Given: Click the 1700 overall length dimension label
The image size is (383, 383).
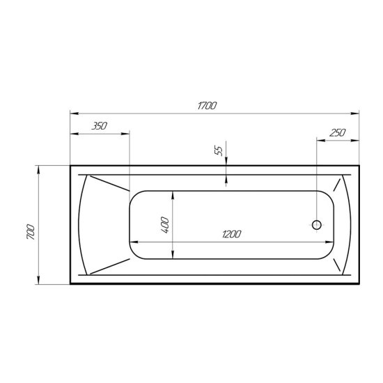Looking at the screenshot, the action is [207, 106].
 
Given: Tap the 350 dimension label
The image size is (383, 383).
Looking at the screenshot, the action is [99, 126].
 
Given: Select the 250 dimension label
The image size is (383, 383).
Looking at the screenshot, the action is [338, 133].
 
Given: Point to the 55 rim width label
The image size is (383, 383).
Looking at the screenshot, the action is [219, 150].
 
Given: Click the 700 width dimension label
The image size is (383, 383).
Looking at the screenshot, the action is [31, 231].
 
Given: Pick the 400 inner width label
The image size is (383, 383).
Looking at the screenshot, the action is [165, 225].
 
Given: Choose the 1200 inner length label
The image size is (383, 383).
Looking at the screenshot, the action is [232, 234].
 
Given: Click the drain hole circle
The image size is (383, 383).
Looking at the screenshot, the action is [317, 225].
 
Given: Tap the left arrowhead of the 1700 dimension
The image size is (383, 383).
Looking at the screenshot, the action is [75, 114].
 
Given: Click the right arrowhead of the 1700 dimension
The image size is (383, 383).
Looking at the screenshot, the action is [355, 114].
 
